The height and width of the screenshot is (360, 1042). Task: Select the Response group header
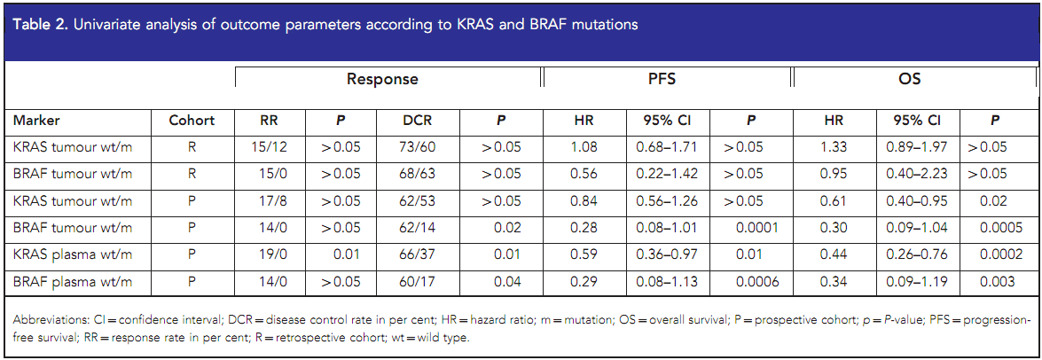click(x=382, y=80)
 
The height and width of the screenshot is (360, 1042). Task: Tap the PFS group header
click(x=666, y=80)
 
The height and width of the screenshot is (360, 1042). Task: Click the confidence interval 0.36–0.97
click(x=667, y=255)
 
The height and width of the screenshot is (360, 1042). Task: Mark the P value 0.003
click(x=999, y=282)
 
